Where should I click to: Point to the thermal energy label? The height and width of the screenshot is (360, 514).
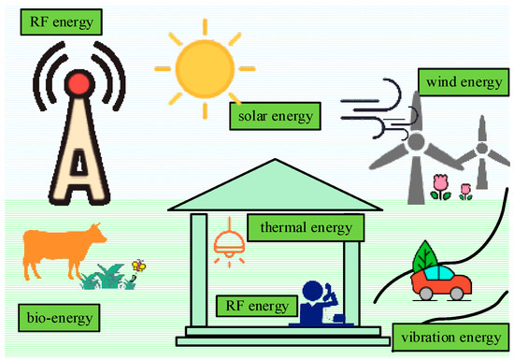[302, 227]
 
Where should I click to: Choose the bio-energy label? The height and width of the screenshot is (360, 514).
[59, 319]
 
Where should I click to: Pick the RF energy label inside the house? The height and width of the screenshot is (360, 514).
[257, 305]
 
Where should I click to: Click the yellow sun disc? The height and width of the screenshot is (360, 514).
[205, 68]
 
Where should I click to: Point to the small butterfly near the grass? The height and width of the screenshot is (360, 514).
[139, 266]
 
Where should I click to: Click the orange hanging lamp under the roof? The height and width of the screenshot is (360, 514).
[228, 247]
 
